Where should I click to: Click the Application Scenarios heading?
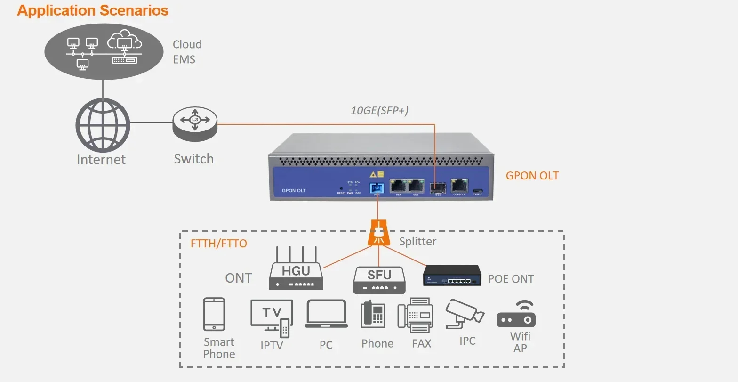click(93, 10)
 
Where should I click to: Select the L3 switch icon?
click(195, 123)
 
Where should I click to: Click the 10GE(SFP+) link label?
click(379, 110)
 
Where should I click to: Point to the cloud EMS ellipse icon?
click(103, 51)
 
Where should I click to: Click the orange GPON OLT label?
click(532, 176)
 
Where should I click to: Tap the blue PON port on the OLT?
click(377, 187)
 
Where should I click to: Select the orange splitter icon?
click(379, 232)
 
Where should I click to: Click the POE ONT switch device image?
click(452, 276)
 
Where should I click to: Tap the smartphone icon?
click(214, 314)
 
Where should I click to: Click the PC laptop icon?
click(326, 314)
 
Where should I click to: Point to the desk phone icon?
click(372, 315)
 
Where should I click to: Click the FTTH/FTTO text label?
click(218, 244)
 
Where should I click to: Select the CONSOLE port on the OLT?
click(459, 186)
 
